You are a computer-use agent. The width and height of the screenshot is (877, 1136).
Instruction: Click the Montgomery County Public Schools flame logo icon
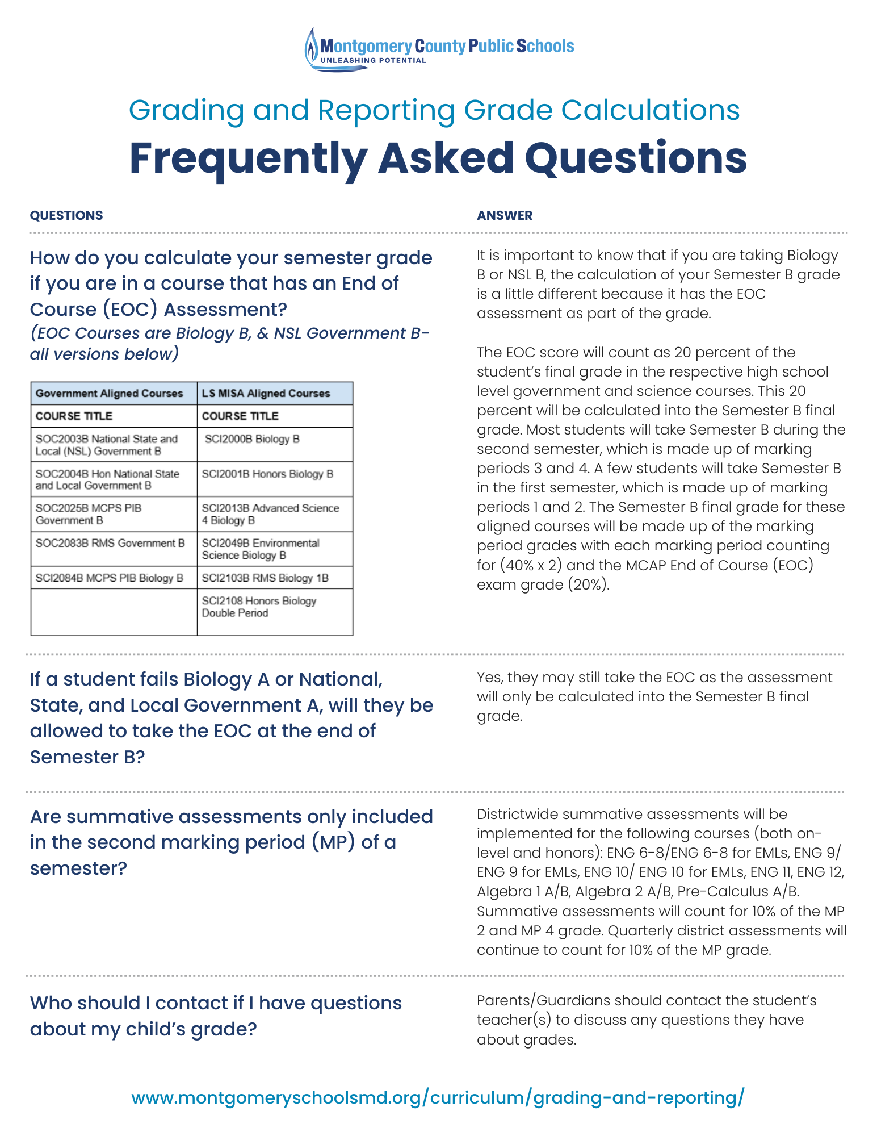click(312, 49)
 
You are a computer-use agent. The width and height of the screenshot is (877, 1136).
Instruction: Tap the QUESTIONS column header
click(66, 215)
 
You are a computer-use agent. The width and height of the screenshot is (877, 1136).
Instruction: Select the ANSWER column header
click(505, 215)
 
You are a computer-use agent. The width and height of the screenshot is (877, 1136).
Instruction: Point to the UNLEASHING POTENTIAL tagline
click(373, 60)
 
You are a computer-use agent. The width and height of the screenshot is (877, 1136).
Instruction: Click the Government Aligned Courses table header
click(109, 393)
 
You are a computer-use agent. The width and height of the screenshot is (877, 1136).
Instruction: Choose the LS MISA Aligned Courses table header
click(266, 393)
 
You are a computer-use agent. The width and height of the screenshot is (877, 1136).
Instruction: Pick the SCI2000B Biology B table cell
click(252, 439)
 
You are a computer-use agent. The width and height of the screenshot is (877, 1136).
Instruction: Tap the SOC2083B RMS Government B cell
click(110, 543)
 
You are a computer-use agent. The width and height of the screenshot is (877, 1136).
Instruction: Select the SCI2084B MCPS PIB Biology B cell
click(109, 578)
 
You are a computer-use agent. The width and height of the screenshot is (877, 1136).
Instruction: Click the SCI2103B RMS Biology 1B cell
click(265, 578)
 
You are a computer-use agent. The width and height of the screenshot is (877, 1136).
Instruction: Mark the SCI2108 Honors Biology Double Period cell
click(259, 607)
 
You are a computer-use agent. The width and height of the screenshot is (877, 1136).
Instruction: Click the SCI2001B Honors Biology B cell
click(267, 474)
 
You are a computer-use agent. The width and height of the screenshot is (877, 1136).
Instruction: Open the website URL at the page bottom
click(438, 1097)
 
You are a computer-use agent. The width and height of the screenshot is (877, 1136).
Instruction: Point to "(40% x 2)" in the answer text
click(531, 565)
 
